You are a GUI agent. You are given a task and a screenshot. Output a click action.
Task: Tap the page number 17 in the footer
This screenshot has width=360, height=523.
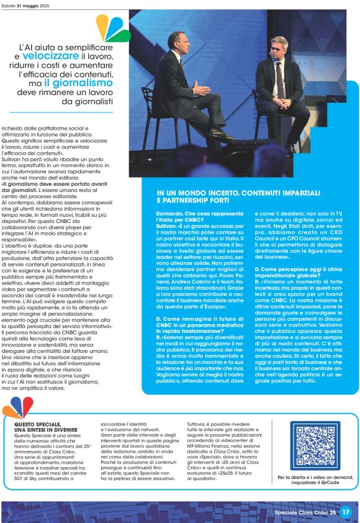point(346,512)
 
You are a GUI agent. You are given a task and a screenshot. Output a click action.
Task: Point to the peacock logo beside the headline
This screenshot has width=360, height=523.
point(113,28)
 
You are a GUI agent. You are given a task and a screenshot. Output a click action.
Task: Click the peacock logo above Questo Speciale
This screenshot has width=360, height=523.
point(17,407)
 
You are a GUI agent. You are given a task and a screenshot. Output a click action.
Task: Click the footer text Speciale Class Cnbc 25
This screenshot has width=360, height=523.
point(305,512)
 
